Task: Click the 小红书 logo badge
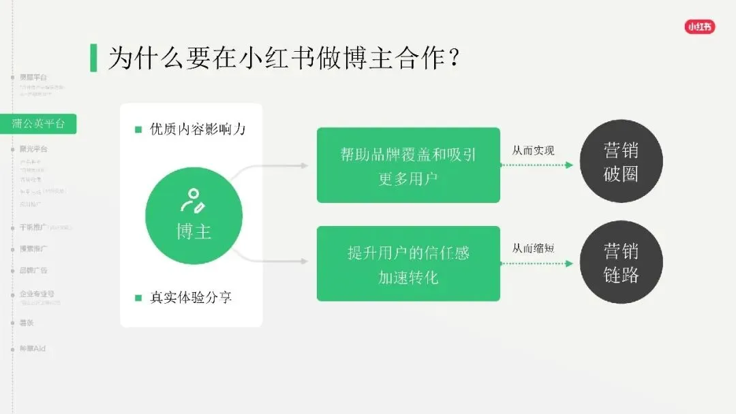point(700,27)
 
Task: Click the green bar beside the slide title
point(93,58)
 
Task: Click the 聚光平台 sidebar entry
point(34,148)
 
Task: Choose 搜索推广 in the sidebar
point(34,249)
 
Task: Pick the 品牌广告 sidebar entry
point(34,270)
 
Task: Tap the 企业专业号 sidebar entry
point(37,293)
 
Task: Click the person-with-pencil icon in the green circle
point(192,200)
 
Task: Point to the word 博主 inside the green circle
point(194,232)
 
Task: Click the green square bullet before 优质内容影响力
point(138,129)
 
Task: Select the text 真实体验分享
point(191,298)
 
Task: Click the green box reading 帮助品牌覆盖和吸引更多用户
point(408,165)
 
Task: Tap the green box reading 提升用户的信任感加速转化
point(408,264)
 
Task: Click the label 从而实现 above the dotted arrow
point(533,150)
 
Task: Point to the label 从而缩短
point(533,248)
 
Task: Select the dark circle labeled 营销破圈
point(621,161)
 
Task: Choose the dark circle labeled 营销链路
point(621,262)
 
